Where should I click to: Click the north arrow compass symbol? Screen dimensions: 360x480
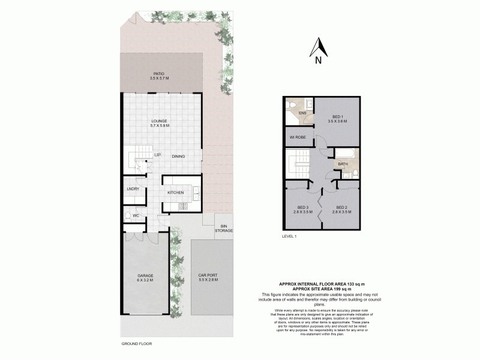[318, 47]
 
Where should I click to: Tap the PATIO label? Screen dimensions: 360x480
[159, 74]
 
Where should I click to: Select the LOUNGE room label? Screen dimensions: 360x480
[159, 121]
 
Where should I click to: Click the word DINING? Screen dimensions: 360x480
[178, 157]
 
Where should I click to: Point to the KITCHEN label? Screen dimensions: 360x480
[175, 193]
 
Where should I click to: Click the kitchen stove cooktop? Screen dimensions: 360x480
[184, 207]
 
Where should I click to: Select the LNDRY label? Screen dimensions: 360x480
[133, 189]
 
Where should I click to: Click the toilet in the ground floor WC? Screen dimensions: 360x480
[128, 215]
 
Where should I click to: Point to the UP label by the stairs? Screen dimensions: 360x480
[157, 155]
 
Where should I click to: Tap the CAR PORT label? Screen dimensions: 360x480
[208, 278]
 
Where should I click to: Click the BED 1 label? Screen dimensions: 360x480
[337, 116]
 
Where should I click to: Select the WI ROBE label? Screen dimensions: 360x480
[297, 137]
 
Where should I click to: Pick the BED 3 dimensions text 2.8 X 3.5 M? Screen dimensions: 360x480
[304, 212]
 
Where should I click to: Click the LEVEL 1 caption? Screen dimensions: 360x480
[290, 236]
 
